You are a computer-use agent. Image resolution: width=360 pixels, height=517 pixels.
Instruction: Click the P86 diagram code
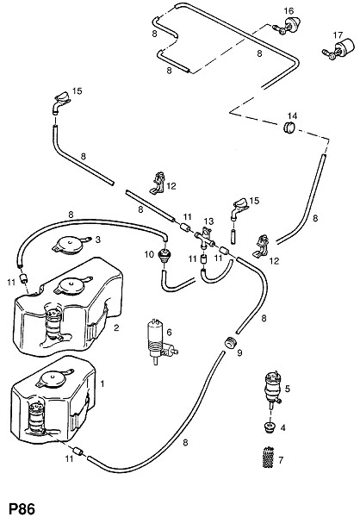pos(22,508)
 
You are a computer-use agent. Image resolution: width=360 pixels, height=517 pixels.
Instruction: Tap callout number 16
pos(289,11)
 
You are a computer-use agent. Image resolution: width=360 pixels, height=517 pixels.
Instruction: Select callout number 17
pos(338,35)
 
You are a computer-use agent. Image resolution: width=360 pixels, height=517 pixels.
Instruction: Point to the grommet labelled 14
pos(289,128)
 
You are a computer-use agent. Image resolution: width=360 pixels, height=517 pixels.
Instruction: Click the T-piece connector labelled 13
pos(204,238)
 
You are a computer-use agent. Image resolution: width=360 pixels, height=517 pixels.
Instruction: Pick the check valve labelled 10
pos(164,255)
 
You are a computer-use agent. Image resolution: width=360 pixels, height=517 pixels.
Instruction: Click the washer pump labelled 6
pos(160,340)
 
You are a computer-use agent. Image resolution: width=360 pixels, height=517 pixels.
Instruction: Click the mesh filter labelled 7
pos(269,458)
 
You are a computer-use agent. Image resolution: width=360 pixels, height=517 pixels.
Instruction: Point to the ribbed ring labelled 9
pos(230,343)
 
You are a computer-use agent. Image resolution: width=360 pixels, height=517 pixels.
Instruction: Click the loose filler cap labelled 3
pos(71,245)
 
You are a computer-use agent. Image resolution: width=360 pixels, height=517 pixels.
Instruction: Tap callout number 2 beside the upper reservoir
pos(116,327)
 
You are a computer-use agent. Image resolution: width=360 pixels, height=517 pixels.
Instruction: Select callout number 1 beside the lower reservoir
pos(102,383)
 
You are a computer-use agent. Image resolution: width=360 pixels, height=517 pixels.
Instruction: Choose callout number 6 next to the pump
pos(169,332)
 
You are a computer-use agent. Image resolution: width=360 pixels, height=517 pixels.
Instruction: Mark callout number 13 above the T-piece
pos(209,221)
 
